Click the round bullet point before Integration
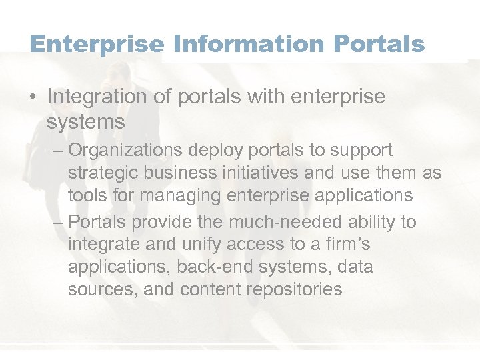34,97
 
